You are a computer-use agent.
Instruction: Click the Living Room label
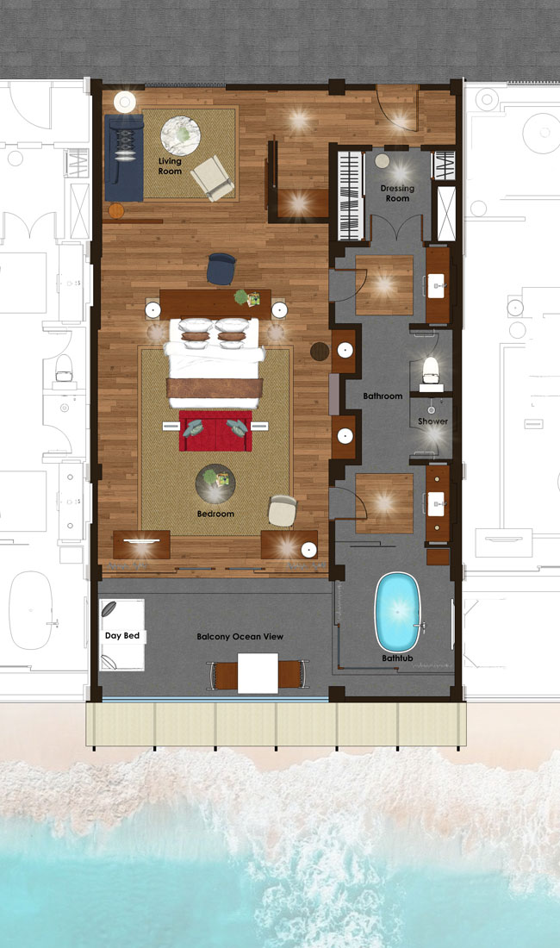(x=170, y=166)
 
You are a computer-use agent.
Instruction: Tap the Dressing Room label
(x=397, y=193)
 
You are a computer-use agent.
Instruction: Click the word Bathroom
(x=383, y=396)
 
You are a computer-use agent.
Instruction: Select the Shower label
(x=432, y=421)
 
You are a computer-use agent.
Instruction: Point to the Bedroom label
(x=215, y=514)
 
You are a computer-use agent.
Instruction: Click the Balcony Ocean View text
(x=240, y=637)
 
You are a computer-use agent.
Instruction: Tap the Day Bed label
(x=122, y=635)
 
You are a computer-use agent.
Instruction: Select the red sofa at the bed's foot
(x=215, y=430)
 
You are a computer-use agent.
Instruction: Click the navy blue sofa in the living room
(x=124, y=158)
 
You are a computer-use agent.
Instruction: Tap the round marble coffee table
(x=181, y=136)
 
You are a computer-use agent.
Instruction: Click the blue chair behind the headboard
(x=221, y=269)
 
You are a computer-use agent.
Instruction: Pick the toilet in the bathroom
(x=430, y=371)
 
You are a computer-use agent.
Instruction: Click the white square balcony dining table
(x=258, y=673)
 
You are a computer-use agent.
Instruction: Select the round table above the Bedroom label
(x=215, y=483)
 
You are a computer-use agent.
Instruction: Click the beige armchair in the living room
(x=212, y=178)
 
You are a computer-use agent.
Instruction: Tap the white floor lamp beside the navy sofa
(x=125, y=103)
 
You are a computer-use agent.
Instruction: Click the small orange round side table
(x=116, y=210)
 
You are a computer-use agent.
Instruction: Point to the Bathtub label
(x=397, y=658)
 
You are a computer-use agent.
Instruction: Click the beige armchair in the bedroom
(x=282, y=511)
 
